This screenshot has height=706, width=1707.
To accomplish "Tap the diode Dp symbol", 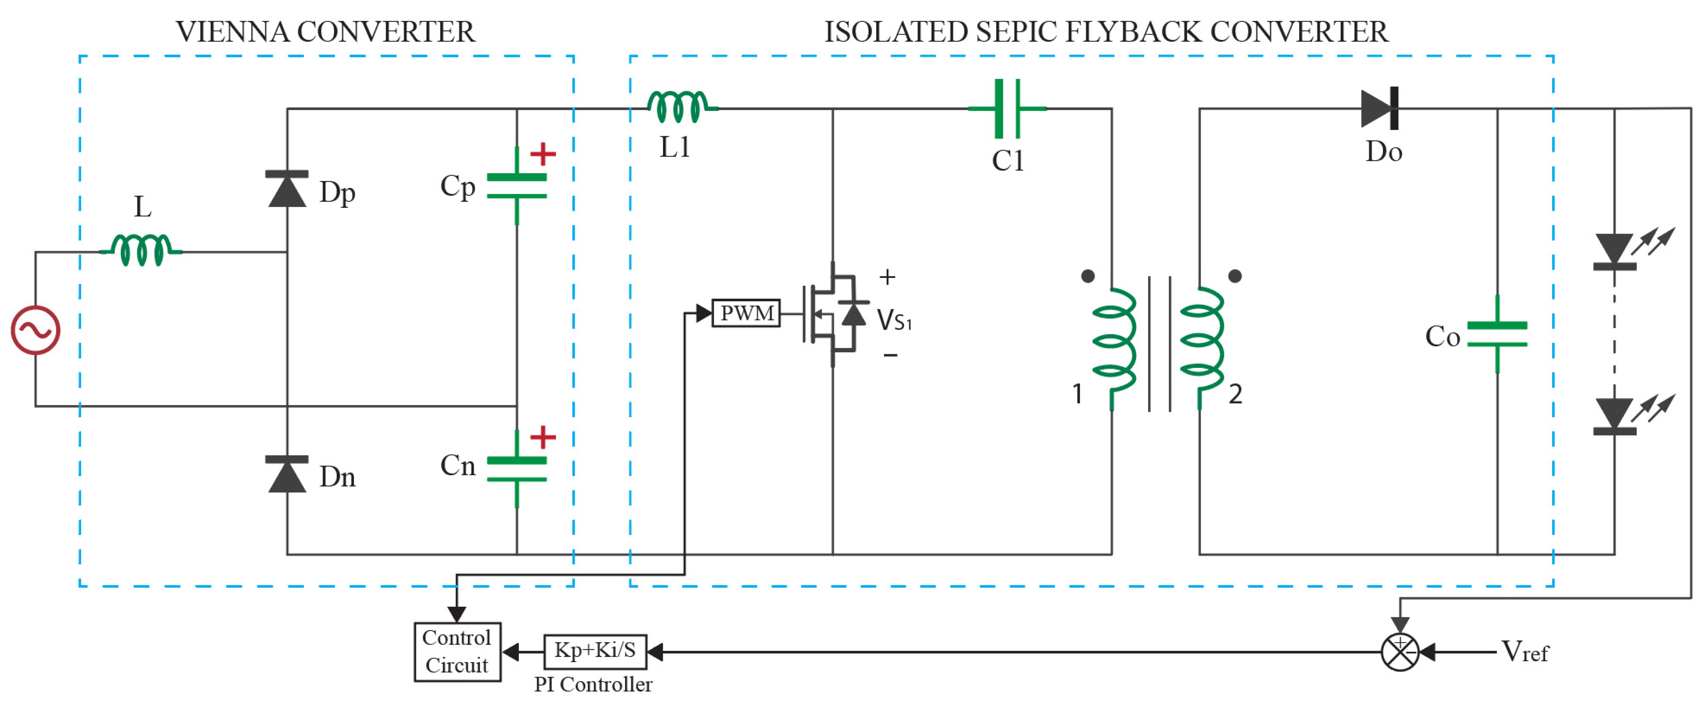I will tap(287, 189).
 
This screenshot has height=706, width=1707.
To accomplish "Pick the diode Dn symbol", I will tap(287, 474).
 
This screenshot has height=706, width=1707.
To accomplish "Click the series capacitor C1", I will tap(1007, 108).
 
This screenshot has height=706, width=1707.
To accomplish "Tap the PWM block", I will tap(746, 313).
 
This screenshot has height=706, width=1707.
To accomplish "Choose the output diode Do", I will tap(1380, 108).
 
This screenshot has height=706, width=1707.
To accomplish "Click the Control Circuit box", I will tap(457, 652).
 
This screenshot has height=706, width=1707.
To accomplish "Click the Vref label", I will tap(1524, 652).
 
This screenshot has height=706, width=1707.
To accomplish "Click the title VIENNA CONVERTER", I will tap(325, 32).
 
